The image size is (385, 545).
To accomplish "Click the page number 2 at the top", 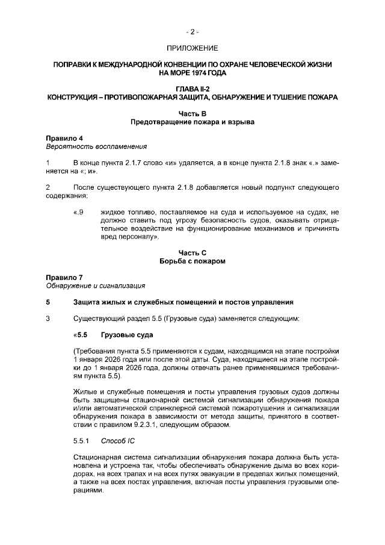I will pos(192,31).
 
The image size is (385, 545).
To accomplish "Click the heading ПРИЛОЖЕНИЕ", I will pos(192,47).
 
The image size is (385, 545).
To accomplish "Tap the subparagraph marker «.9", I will pos(78,212).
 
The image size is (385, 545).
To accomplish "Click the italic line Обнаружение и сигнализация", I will pos(95,285).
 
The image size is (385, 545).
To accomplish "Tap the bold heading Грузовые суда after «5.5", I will pos(127,334).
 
